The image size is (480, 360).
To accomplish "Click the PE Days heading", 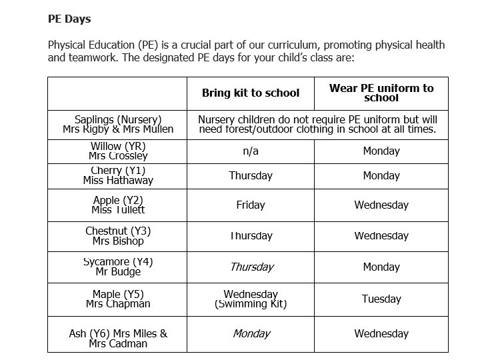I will [x=69, y=19].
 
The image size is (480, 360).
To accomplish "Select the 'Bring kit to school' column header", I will [x=251, y=93].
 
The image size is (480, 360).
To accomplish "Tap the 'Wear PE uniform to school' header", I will [x=381, y=93].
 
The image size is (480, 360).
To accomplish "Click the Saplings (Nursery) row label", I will [x=118, y=124].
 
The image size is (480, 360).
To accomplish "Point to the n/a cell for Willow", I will [x=251, y=151].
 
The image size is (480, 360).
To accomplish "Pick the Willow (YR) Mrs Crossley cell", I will [x=118, y=151].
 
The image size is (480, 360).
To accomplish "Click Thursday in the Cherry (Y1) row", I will [x=251, y=176].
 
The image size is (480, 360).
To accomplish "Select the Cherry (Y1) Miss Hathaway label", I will [x=118, y=176].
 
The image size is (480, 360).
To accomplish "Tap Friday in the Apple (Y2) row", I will [x=251, y=205].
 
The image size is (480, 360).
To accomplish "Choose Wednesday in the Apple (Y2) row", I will [x=381, y=205].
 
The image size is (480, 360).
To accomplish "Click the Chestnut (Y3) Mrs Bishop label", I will [x=118, y=236].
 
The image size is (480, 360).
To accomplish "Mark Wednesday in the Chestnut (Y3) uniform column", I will [x=381, y=236].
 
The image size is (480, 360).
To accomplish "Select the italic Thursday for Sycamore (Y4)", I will [x=251, y=267].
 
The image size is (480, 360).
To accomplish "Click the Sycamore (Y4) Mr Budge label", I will [x=118, y=267].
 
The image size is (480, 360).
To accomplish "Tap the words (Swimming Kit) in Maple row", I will [x=251, y=305].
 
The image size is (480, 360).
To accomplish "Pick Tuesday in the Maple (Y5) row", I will [x=381, y=299].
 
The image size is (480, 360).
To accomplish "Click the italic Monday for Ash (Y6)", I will [x=251, y=334].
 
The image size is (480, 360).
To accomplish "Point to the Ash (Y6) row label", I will [x=118, y=339].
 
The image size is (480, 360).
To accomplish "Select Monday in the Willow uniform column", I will [x=381, y=151].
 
